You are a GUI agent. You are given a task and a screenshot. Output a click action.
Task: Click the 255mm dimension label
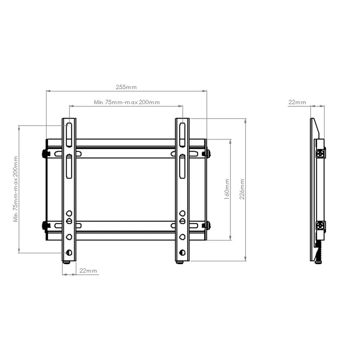(126, 87)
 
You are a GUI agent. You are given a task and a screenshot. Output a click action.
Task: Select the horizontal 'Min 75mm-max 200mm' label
(127, 102)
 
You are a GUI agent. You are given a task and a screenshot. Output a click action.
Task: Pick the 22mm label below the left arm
(88, 271)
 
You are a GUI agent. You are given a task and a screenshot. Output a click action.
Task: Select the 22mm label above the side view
(297, 102)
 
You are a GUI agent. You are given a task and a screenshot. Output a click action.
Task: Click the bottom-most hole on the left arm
(69, 252)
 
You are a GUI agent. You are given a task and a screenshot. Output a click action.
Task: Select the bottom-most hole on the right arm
(182, 252)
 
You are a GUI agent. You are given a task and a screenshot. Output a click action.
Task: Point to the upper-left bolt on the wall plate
(45, 153)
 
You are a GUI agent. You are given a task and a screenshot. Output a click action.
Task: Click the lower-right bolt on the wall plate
(207, 225)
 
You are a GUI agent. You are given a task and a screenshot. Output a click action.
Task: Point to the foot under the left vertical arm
(67, 263)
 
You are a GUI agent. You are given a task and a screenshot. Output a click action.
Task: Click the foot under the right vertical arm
(180, 263)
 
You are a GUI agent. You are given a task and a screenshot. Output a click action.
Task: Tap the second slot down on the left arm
(69, 166)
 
